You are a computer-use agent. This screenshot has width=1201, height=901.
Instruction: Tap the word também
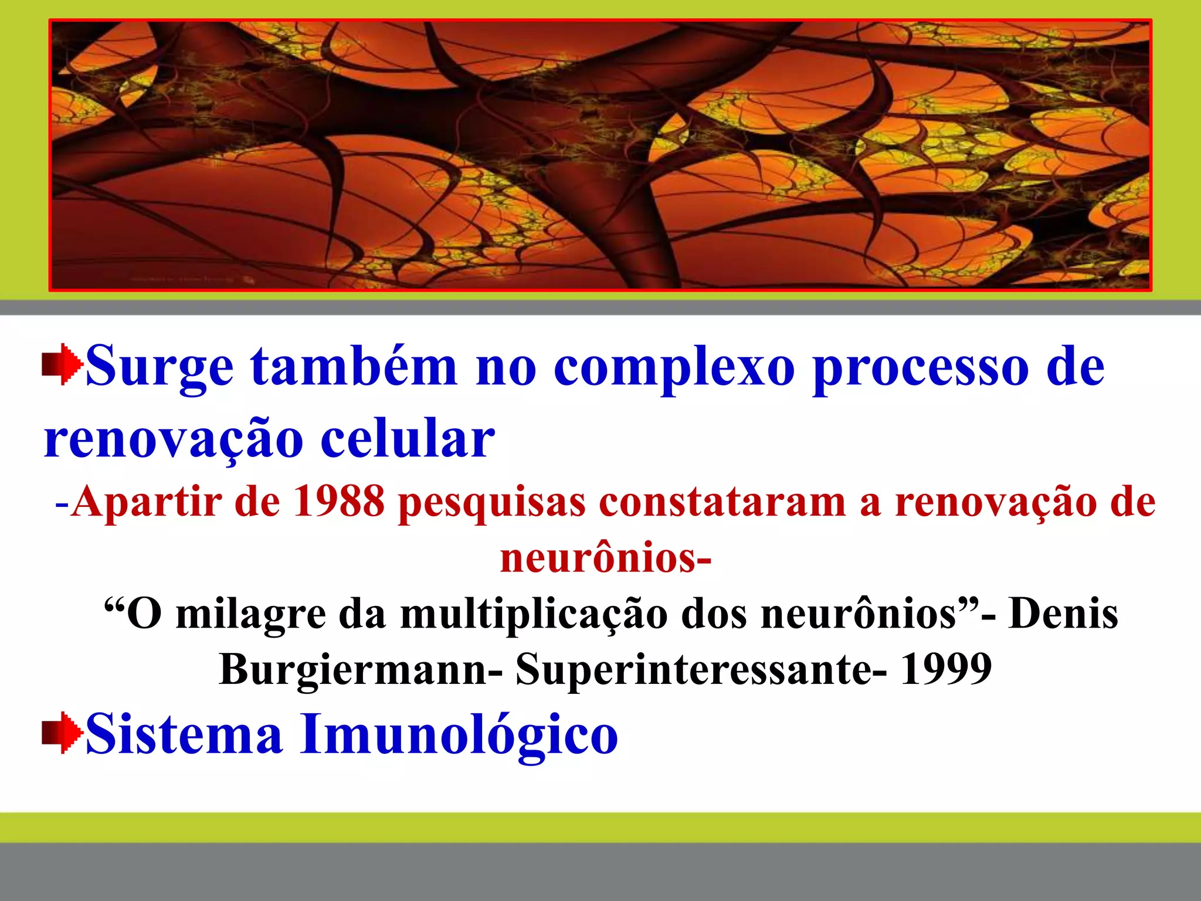point(354,367)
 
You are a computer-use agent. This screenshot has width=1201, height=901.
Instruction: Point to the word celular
point(408,439)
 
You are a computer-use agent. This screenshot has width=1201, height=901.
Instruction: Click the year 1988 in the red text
point(338,502)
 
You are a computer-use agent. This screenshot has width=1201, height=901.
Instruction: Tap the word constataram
point(722,502)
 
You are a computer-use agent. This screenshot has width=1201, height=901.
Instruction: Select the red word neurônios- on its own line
point(606,557)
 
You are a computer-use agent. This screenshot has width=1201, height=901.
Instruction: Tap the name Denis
point(1063,613)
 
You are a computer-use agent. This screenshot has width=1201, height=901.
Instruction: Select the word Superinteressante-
point(701,670)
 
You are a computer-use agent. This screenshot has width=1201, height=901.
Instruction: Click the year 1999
point(945,669)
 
